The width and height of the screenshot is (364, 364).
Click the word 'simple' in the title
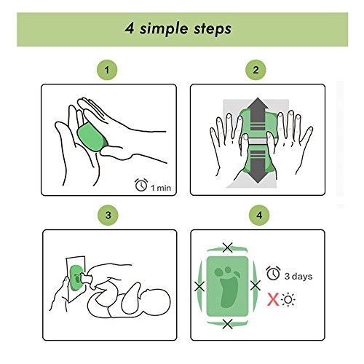[164, 29]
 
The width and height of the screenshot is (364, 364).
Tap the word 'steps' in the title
[213, 28]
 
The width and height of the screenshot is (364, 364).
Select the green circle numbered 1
[107, 70]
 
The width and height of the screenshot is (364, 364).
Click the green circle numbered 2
[256, 70]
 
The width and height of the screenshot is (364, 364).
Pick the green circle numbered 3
[108, 215]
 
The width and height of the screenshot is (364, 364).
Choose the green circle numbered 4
[259, 215]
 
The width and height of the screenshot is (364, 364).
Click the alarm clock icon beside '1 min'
[141, 185]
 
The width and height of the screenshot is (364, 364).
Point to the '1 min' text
[161, 188]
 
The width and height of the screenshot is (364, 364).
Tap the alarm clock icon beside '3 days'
[274, 273]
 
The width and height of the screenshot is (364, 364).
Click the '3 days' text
[298, 276]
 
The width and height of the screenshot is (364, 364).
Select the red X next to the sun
[273, 299]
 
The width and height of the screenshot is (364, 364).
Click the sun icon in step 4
[288, 300]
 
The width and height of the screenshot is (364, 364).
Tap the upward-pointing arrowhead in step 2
[258, 103]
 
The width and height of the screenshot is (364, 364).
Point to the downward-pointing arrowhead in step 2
[258, 177]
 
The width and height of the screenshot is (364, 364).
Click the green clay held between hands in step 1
[92, 138]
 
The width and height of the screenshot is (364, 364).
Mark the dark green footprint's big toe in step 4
[219, 272]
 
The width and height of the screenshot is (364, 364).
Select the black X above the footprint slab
[228, 248]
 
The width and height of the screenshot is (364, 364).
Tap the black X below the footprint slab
[227, 324]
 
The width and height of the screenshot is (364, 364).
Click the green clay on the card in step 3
[76, 278]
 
